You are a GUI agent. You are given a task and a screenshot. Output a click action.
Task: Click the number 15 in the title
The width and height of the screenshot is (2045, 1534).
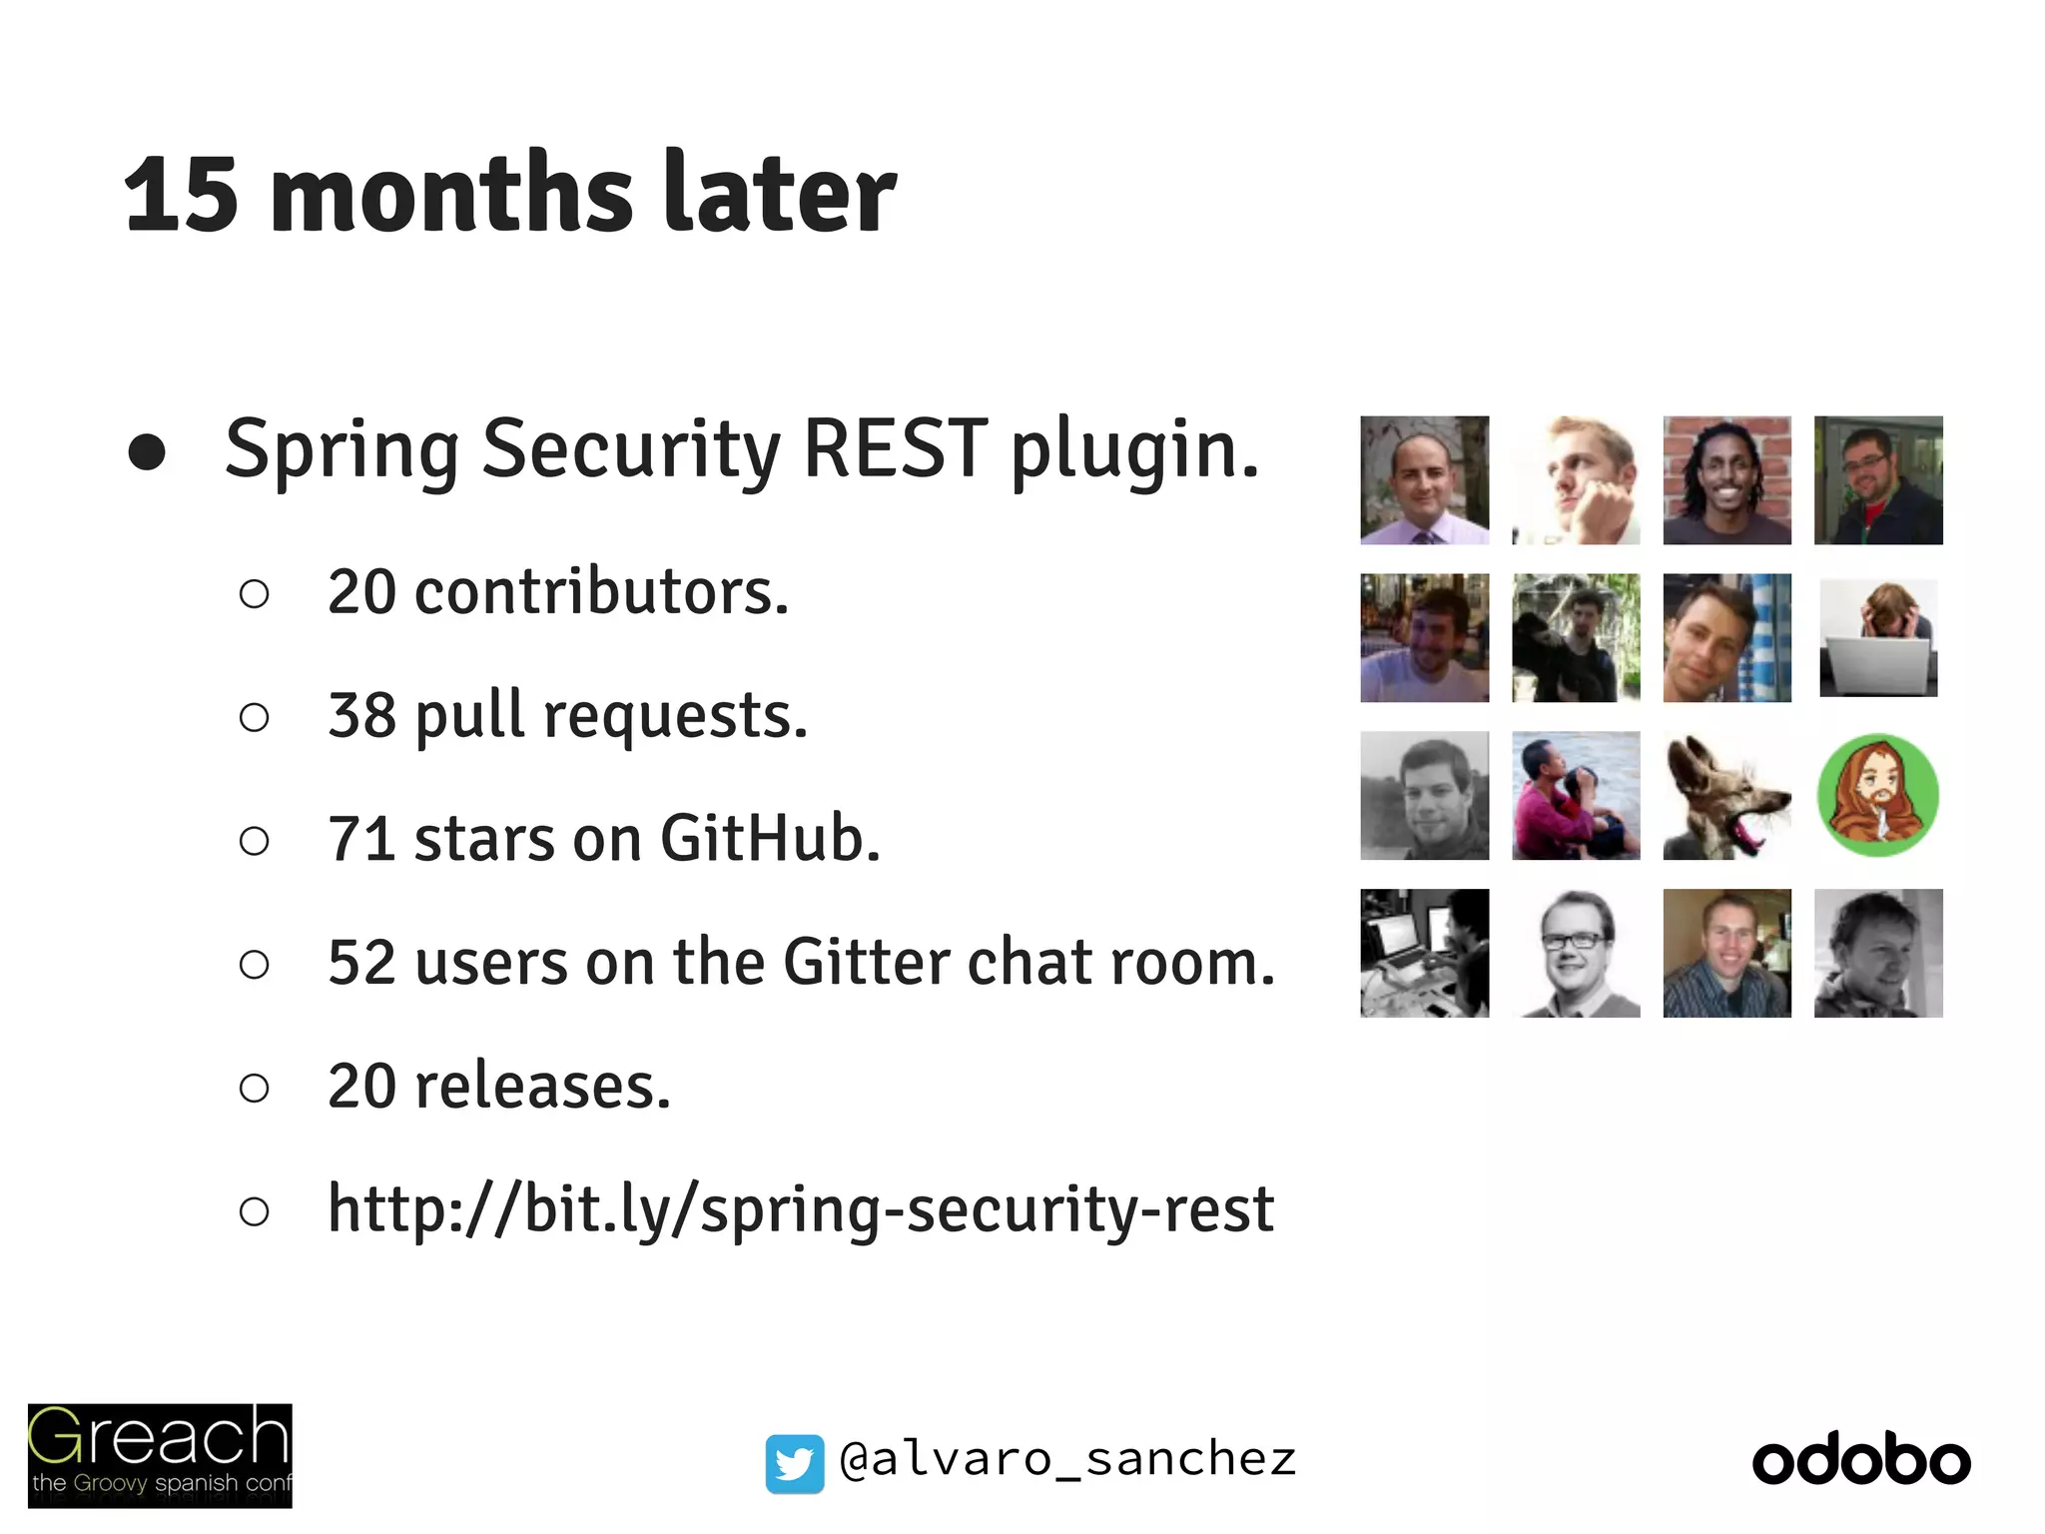(x=181, y=195)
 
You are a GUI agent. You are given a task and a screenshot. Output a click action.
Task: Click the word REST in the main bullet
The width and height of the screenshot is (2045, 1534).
(x=896, y=449)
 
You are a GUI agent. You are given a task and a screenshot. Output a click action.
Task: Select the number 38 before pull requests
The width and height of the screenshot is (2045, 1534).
(x=361, y=715)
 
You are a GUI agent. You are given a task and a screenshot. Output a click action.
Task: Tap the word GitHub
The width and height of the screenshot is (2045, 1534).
(x=770, y=838)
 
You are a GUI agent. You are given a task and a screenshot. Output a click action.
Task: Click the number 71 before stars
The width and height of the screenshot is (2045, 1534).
(x=361, y=838)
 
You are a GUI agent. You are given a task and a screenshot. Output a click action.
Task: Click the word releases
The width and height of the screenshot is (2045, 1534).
(x=542, y=1086)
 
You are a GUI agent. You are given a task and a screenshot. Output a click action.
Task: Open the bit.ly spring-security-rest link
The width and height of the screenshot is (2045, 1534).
(x=801, y=1209)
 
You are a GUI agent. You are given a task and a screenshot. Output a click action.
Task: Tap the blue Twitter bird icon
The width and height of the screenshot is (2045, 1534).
(x=795, y=1463)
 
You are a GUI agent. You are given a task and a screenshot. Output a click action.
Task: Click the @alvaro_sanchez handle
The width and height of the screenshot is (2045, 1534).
(x=1067, y=1459)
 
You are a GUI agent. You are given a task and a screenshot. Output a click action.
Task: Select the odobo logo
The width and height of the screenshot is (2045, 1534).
(x=1861, y=1461)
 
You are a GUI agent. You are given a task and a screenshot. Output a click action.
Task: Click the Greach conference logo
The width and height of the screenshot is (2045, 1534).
(x=160, y=1455)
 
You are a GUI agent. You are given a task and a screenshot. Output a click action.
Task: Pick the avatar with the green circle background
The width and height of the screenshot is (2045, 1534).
(x=1878, y=795)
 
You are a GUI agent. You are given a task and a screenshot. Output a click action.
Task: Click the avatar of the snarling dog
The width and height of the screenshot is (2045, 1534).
(x=1726, y=796)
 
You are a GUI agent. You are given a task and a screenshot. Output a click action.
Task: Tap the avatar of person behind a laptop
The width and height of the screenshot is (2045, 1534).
(x=1878, y=638)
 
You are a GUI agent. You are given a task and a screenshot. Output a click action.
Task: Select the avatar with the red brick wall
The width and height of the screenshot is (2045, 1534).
(x=1726, y=480)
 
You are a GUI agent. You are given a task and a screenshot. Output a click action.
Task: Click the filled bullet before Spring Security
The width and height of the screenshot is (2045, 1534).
(x=147, y=451)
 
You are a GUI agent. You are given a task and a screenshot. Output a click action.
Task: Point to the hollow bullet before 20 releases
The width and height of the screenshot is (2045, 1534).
(x=255, y=1088)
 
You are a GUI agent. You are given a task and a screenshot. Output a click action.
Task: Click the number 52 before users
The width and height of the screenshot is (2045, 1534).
(x=361, y=962)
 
